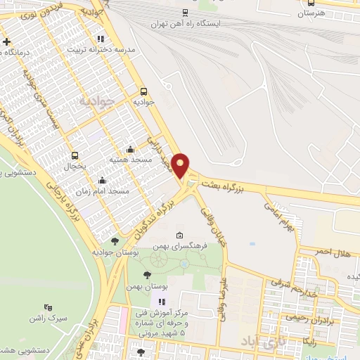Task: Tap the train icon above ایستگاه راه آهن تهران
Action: [x=185, y=12]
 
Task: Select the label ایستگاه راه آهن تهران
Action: [x=186, y=23]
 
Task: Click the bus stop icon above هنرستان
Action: [x=311, y=3]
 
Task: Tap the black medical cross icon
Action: [x=6, y=41]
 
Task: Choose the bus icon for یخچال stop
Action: [x=75, y=155]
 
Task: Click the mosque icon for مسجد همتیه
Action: [x=130, y=149]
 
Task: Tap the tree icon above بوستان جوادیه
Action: [x=115, y=241]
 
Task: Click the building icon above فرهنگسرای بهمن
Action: [x=180, y=236]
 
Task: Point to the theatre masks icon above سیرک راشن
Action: [x=49, y=307]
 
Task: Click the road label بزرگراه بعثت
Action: [x=225, y=185]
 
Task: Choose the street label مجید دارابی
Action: [x=159, y=148]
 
